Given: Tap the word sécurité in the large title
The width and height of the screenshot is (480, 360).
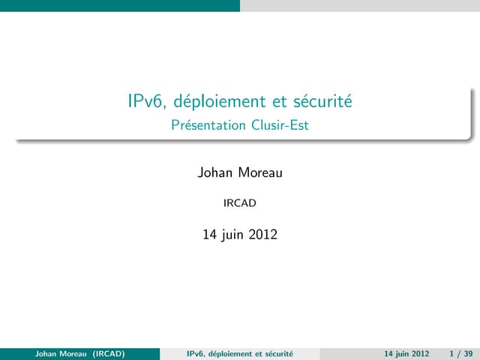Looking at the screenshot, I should point(325,101).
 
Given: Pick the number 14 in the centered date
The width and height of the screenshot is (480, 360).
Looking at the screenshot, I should point(211,235).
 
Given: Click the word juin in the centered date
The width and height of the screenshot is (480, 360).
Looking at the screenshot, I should point(234,235).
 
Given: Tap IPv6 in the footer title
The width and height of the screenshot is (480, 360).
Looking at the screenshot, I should point(196,353).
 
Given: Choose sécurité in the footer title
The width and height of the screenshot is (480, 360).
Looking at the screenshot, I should point(278,353).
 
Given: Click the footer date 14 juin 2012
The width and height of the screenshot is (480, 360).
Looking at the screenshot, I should point(406,353).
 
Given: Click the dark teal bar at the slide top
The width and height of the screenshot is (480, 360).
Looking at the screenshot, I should point(120,5).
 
